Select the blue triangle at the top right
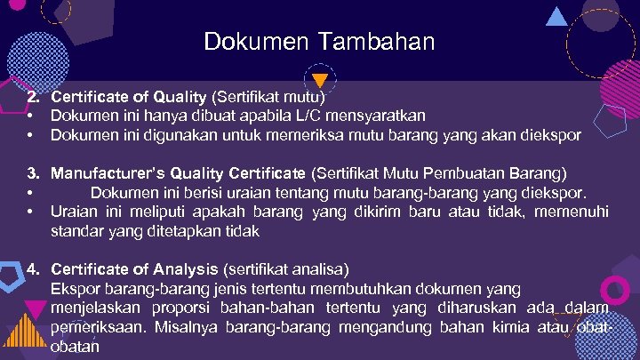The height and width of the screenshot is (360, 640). [557, 15]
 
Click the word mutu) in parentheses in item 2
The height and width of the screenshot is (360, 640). [304, 95]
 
